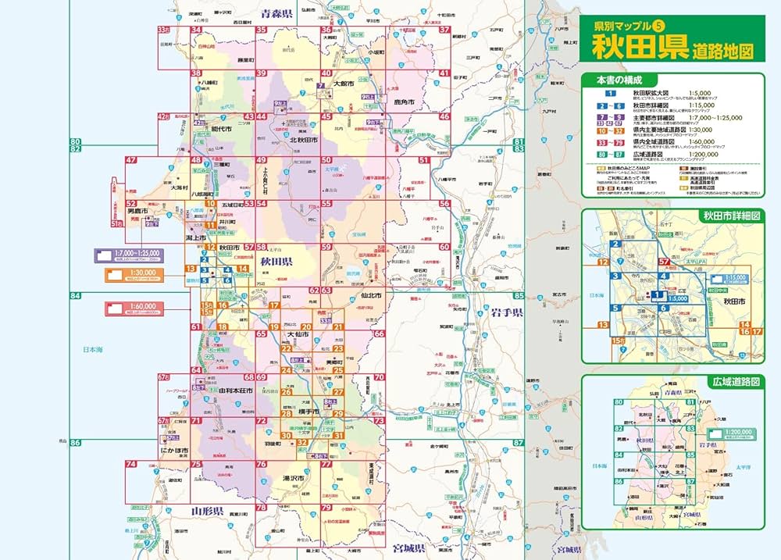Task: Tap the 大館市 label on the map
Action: [344, 83]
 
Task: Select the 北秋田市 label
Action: [300, 140]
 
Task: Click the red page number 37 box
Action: [445, 30]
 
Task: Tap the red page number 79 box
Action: [326, 508]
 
